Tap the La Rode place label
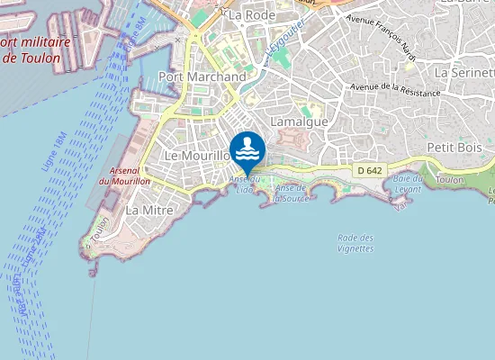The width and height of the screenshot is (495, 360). pyautogui.click(x=251, y=15)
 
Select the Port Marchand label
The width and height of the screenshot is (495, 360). pyautogui.click(x=202, y=77)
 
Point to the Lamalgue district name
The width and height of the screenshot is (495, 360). pyautogui.click(x=299, y=121)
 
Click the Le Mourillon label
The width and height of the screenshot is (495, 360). pyautogui.click(x=198, y=156)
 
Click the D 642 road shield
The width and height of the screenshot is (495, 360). pyautogui.click(x=369, y=170)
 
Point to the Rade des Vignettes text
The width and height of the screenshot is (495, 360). pyautogui.click(x=355, y=243)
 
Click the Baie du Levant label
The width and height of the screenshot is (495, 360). pyautogui.click(x=408, y=183)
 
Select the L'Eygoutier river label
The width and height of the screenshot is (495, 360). pyautogui.click(x=285, y=40)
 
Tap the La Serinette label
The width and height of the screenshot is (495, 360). pyautogui.click(x=463, y=71)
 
